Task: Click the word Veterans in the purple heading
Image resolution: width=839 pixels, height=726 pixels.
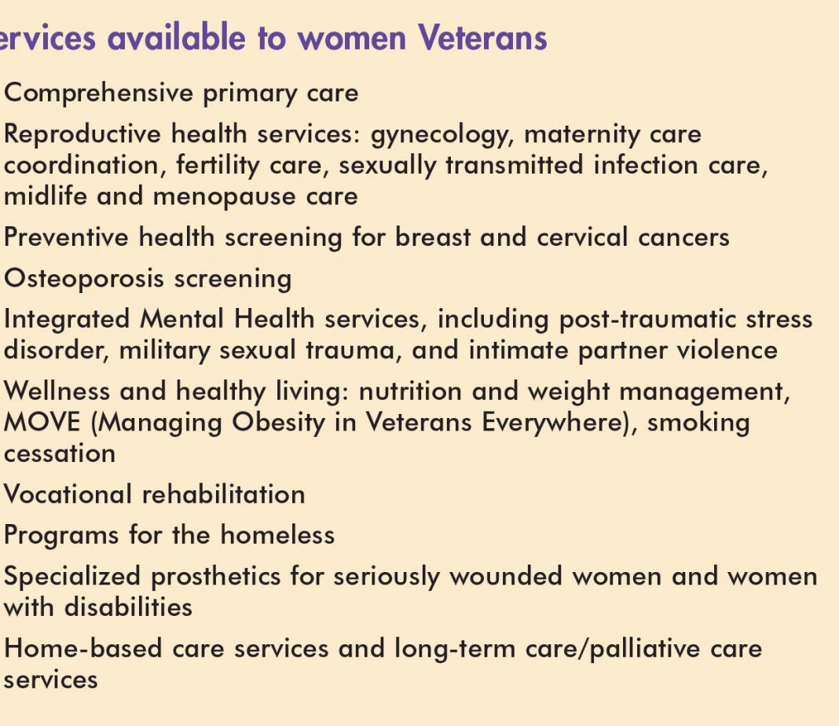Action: (482, 38)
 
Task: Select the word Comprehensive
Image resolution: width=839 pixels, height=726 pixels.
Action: (98, 93)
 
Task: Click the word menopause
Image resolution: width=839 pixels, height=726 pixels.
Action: (224, 197)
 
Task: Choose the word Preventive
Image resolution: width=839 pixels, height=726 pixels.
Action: (66, 237)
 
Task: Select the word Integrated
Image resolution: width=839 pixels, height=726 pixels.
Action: (67, 320)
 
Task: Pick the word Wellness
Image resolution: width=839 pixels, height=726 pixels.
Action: (57, 391)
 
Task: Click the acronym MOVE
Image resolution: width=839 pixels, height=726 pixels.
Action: (42, 422)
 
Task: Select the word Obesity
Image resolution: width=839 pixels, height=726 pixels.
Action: (278, 423)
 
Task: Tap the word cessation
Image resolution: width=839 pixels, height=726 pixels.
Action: (60, 453)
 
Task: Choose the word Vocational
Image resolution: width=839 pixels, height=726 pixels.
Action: (68, 493)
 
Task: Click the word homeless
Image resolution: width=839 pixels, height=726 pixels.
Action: (278, 535)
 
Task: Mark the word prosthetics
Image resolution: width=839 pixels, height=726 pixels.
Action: (215, 577)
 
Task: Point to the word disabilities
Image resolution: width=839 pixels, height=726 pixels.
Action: (128, 607)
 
